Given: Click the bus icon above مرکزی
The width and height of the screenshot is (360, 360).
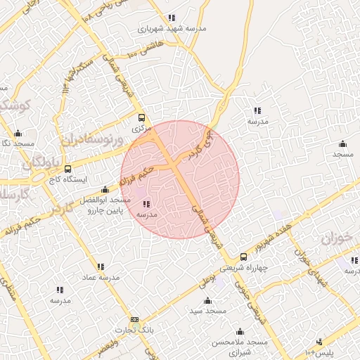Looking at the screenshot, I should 141,118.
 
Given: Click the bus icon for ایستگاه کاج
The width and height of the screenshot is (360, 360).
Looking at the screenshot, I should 67,169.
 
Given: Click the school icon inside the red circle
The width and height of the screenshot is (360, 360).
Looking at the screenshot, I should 146,203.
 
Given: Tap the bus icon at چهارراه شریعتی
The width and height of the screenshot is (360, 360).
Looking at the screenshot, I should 243,257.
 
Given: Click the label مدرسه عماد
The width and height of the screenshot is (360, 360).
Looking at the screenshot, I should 101,278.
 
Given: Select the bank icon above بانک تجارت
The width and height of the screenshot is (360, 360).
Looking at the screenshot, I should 134,319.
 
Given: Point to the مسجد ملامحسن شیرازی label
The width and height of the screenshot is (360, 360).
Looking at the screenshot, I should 240,345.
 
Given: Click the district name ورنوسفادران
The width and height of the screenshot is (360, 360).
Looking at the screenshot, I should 91,139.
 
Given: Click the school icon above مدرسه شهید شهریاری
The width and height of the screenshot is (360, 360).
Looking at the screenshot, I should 171,18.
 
